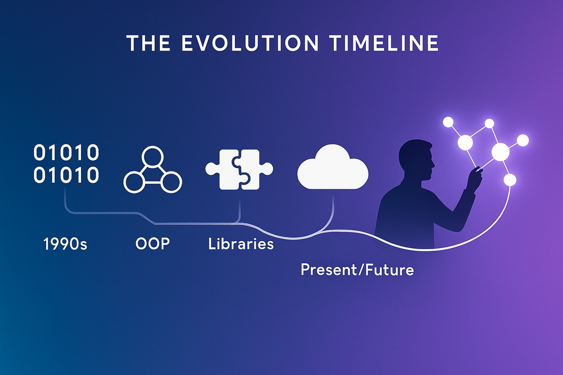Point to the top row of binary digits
(66, 152)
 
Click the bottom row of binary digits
(66, 176)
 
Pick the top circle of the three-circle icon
(152, 156)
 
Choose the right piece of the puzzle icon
(256, 168)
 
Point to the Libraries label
(241, 244)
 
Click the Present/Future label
(357, 270)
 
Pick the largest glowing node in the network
(500, 152)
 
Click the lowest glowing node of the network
(510, 180)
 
